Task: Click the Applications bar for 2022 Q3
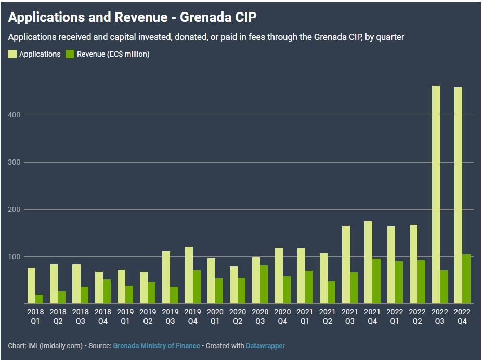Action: (436, 195)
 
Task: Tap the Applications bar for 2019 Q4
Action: (189, 275)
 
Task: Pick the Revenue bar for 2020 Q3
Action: (264, 285)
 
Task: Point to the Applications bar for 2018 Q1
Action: (32, 286)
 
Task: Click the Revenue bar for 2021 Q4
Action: (376, 281)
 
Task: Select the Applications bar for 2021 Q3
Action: (346, 265)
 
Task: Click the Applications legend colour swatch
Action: (12, 54)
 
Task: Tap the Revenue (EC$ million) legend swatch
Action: (70, 54)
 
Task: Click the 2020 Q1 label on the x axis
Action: (215, 316)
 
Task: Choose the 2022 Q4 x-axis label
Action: (462, 316)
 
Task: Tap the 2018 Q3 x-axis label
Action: (81, 316)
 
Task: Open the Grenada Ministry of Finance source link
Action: (156, 345)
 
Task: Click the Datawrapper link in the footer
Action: (265, 345)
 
